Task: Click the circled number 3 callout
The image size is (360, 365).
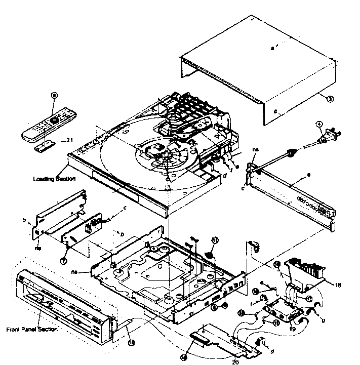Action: coord(330,100)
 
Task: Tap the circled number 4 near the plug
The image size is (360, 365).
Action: coord(319,124)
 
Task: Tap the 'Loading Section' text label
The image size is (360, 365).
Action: coord(54,179)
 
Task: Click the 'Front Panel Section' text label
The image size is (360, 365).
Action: coord(32,329)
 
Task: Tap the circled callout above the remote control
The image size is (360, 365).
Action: coord(55,95)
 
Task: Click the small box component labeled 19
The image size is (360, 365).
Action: coord(281,312)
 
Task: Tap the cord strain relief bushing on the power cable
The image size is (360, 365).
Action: coord(291,151)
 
